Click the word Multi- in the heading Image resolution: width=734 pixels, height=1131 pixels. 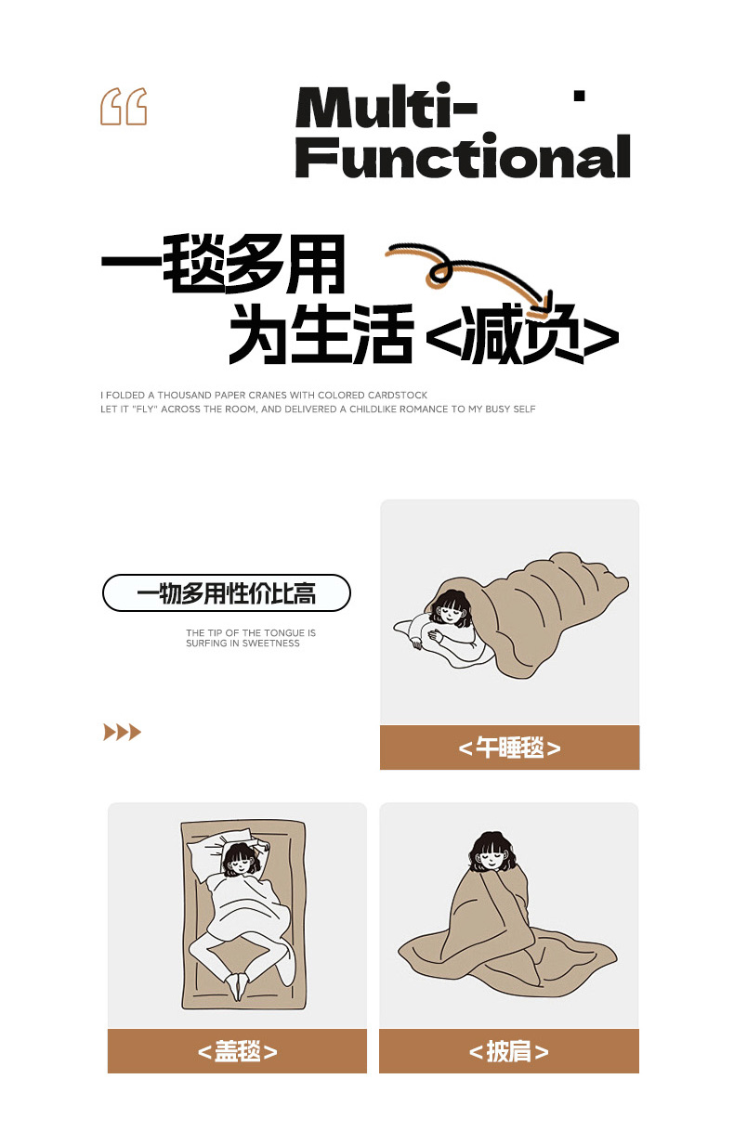pyautogui.click(x=386, y=107)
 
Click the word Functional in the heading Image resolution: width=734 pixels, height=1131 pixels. pyautogui.click(x=463, y=156)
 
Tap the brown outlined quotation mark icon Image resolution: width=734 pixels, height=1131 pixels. pyautogui.click(x=124, y=107)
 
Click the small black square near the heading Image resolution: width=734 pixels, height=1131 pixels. pyautogui.click(x=580, y=96)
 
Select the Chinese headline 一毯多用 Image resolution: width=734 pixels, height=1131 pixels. pyautogui.click(x=223, y=264)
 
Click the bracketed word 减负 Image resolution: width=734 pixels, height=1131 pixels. pyautogui.click(x=522, y=335)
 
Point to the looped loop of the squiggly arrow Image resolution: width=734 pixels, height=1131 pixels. pyautogui.click(x=439, y=272)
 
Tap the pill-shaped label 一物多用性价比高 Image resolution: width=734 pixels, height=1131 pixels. pyautogui.click(x=227, y=592)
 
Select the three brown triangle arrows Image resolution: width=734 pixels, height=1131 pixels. pyautogui.click(x=122, y=732)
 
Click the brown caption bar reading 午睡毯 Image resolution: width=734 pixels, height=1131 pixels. pyautogui.click(x=510, y=747)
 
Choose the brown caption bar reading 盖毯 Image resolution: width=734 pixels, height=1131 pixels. pyautogui.click(x=238, y=1051)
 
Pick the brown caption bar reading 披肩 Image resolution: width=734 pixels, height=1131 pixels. pyautogui.click(x=509, y=1051)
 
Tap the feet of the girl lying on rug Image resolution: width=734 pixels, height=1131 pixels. pyautogui.click(x=239, y=986)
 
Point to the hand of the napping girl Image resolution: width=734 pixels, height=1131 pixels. pyautogui.click(x=416, y=643)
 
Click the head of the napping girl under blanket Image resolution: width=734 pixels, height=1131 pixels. pyautogui.click(x=450, y=608)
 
